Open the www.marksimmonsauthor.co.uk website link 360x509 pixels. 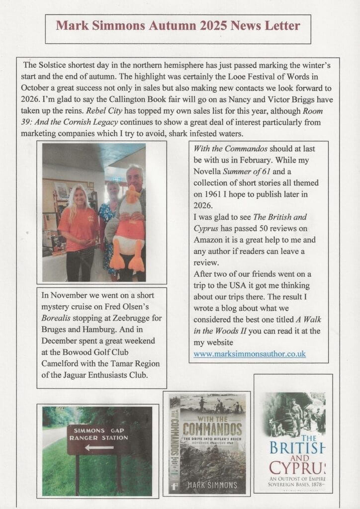(250, 354)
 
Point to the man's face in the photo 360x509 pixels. (133, 174)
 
